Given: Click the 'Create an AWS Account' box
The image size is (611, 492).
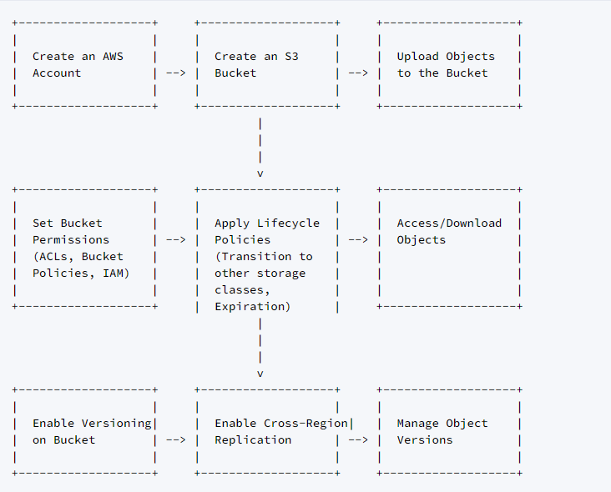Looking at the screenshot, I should pyautogui.click(x=85, y=65).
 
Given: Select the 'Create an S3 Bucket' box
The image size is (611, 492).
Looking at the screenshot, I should pyautogui.click(x=267, y=65).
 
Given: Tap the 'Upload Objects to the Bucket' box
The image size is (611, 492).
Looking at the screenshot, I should pyautogui.click(x=449, y=65).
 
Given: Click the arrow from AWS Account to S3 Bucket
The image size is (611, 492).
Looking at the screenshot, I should pyautogui.click(x=176, y=73).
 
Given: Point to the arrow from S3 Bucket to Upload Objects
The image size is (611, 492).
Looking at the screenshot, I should pyautogui.click(x=358, y=73).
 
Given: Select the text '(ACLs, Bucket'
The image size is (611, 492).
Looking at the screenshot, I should pyautogui.click(x=78, y=257).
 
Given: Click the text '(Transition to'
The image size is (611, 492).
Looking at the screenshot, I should pyautogui.click(x=264, y=257).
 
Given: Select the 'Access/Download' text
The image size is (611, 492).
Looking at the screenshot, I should pyautogui.click(x=449, y=223).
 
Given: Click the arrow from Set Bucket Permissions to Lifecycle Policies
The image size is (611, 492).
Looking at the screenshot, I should pyautogui.click(x=176, y=240).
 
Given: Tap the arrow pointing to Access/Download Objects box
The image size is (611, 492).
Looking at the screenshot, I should pyautogui.click(x=358, y=240).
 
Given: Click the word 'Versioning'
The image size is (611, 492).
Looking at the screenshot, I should pyautogui.click(x=117, y=424).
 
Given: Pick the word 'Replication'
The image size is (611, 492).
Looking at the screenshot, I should pyautogui.click(x=253, y=440).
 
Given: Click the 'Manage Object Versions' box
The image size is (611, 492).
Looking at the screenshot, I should pyautogui.click(x=449, y=432).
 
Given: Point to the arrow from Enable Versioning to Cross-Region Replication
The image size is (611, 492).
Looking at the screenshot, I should pyautogui.click(x=176, y=440).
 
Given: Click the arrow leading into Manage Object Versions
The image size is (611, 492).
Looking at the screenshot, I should pyautogui.click(x=358, y=440).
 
